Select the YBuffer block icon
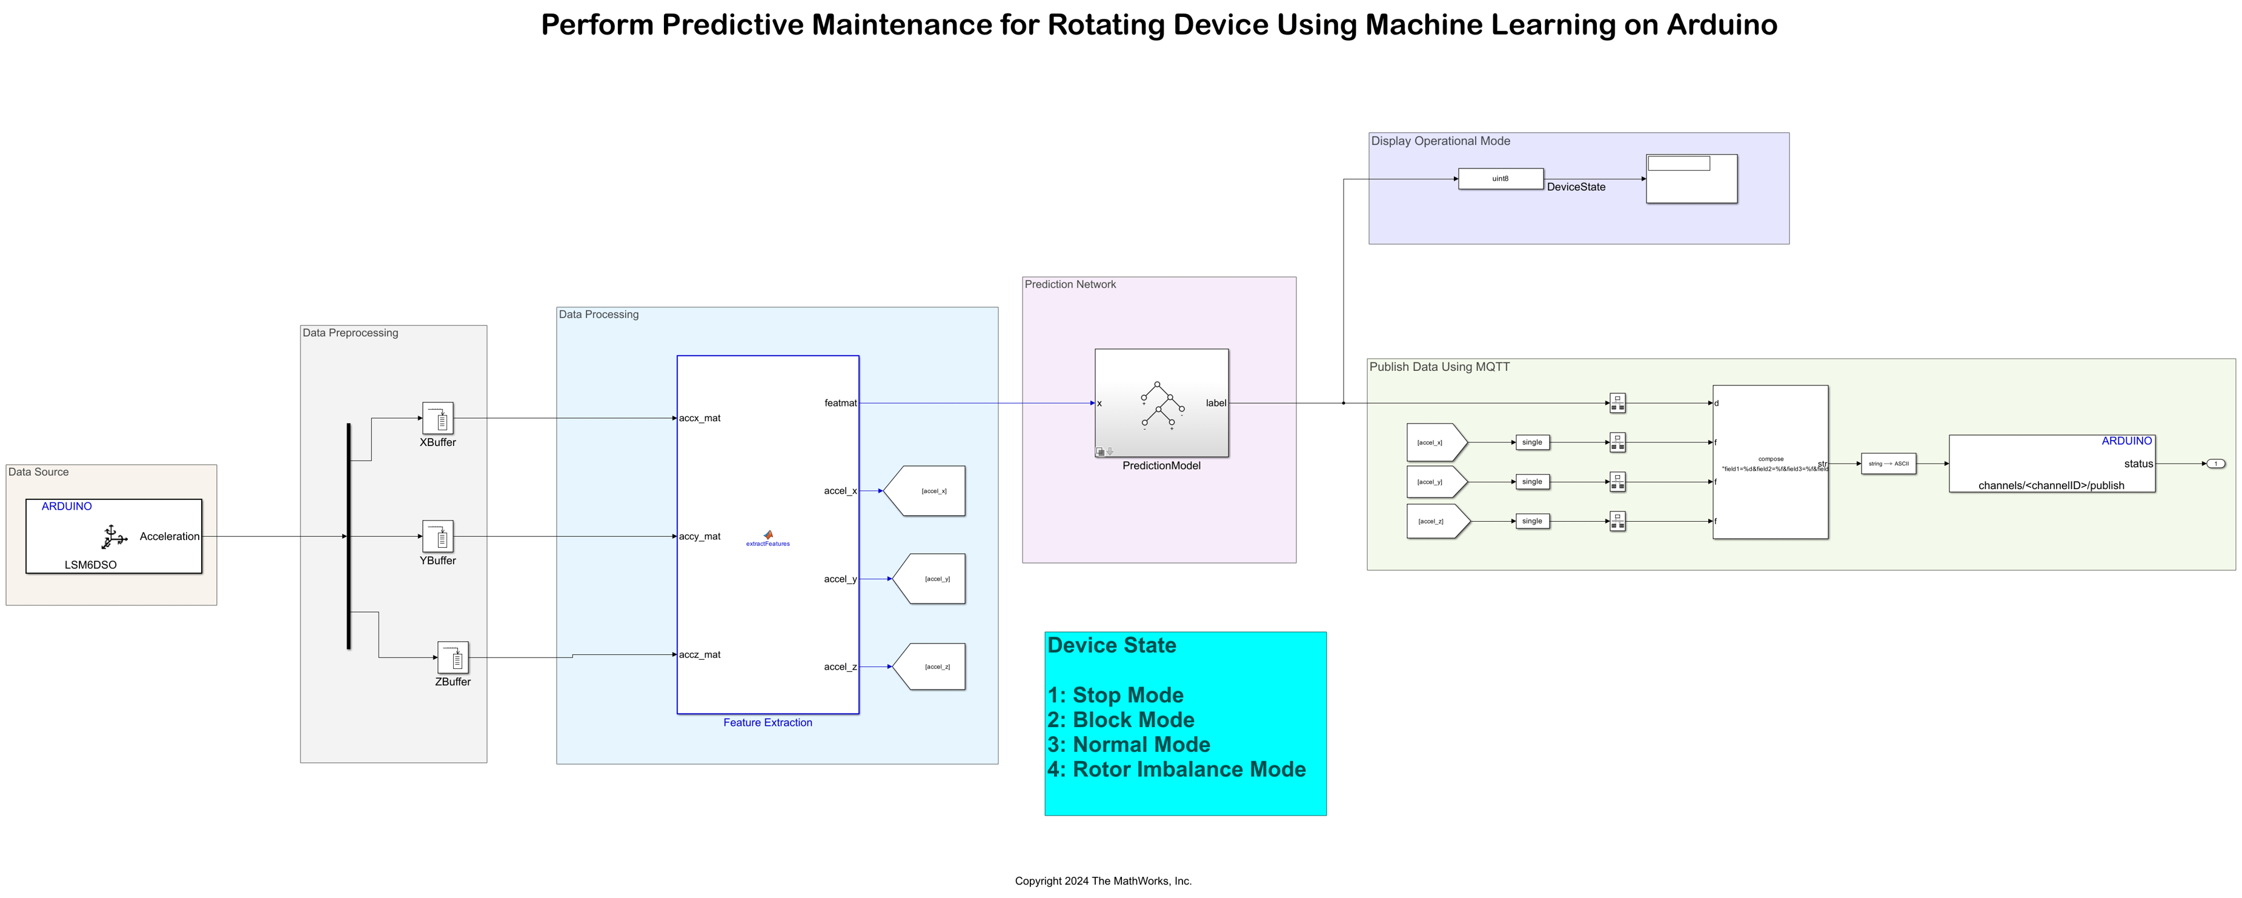click(438, 536)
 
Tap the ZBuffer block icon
click(453, 658)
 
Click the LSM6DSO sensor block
click(114, 536)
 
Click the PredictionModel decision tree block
click(1161, 403)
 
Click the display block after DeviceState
click(1691, 179)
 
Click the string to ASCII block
click(1888, 464)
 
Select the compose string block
click(1769, 462)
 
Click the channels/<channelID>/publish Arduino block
click(2051, 464)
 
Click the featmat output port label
click(840, 403)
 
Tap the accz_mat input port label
click(700, 654)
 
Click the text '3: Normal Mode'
click(1128, 745)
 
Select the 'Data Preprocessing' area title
click(350, 333)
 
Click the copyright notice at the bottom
click(1103, 880)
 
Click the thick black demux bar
click(349, 536)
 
